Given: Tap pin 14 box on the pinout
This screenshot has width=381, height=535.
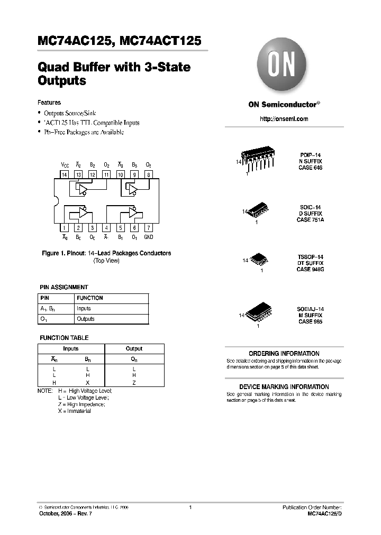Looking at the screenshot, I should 64,174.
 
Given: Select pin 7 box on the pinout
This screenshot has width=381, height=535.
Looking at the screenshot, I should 149,228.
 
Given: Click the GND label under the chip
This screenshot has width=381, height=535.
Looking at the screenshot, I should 149,237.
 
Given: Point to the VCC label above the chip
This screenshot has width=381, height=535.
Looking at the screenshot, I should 65,165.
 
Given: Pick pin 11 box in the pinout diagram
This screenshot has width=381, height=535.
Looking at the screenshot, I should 106,174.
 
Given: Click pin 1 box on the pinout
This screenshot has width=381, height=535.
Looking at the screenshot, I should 64,228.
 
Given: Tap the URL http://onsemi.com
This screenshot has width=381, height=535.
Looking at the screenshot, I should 284,119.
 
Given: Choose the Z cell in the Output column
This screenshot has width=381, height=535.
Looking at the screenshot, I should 134,382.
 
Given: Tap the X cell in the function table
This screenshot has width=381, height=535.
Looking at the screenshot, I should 87,382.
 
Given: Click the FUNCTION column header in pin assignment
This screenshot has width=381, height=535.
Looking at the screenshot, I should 89,298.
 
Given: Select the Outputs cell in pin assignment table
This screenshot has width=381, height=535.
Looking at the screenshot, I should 86,319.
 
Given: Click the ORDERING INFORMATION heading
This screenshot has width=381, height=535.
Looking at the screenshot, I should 284,354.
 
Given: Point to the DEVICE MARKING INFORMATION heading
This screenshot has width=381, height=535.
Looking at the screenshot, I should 284,387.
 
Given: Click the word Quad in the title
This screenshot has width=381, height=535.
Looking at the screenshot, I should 51,68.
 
